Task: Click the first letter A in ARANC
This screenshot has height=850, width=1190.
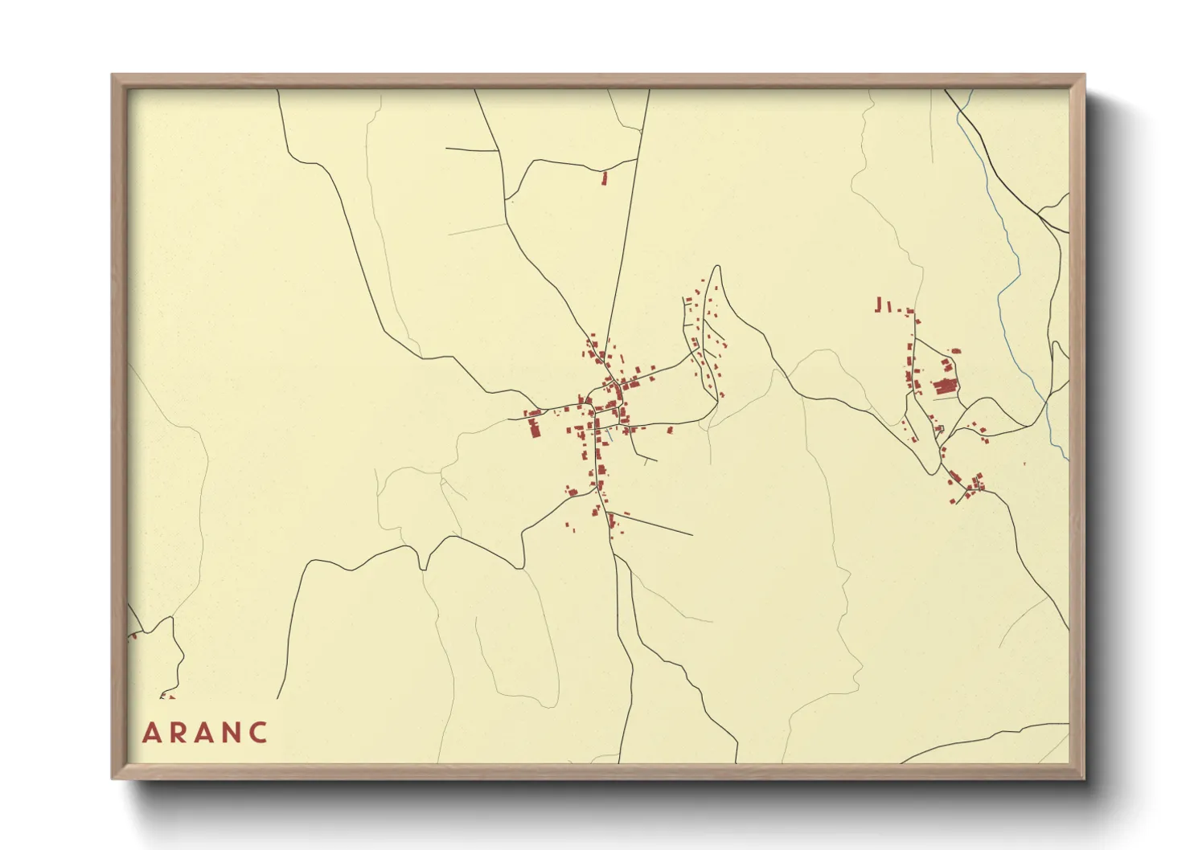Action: coord(150,733)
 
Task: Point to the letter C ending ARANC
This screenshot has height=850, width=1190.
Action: coord(258,733)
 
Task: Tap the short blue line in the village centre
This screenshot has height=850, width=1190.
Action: coord(609,436)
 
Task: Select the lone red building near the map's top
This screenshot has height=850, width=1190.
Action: coord(605,178)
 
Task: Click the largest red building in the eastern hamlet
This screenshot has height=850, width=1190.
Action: coord(946,386)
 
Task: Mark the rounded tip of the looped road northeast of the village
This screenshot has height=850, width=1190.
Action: coord(716,268)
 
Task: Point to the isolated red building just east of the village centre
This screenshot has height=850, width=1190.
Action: coord(669,431)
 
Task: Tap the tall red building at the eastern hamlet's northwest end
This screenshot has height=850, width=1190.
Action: coord(879,304)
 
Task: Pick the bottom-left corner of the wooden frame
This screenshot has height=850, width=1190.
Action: coord(113,778)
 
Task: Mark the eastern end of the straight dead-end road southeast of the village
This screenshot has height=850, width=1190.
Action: coord(691,534)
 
